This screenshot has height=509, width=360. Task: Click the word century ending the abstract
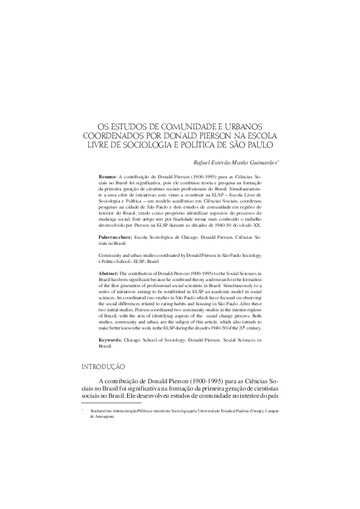tap(251, 329)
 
